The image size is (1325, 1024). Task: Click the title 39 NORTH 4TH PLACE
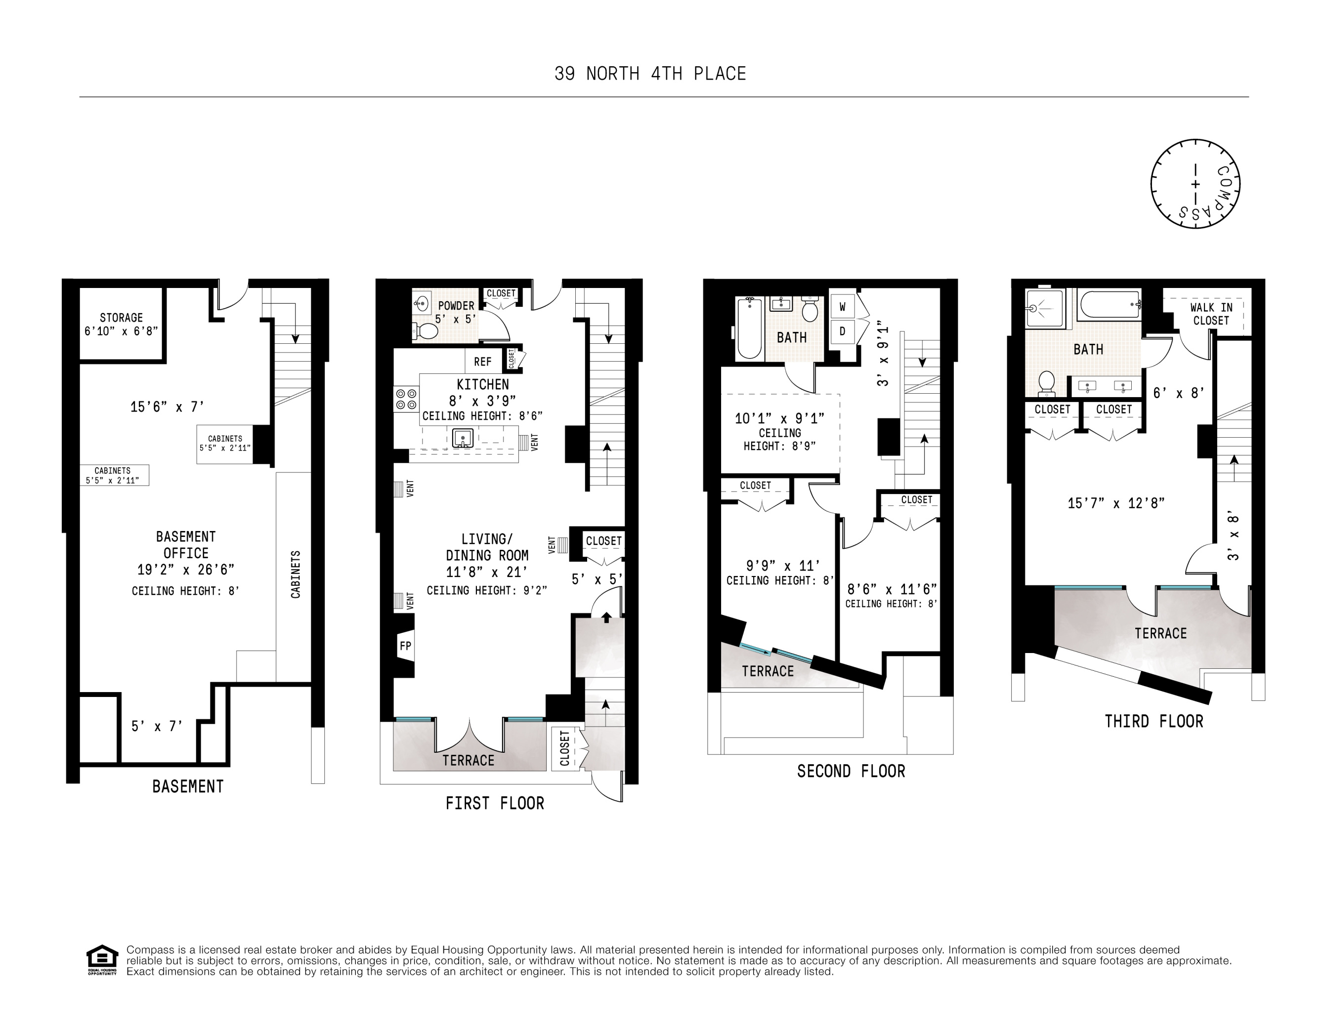pyautogui.click(x=650, y=74)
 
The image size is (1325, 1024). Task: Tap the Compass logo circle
pyautogui.click(x=1195, y=184)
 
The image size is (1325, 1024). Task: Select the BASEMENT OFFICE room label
pyautogui.click(x=186, y=545)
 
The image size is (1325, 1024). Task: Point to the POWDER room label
pyautogui.click(x=456, y=306)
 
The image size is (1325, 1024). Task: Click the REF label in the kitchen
pyautogui.click(x=482, y=362)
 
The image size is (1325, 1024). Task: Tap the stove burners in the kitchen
pyautogui.click(x=406, y=400)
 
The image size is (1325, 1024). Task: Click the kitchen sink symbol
pyautogui.click(x=462, y=437)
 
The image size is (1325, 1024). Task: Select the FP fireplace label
pyautogui.click(x=405, y=646)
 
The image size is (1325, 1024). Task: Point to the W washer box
pyautogui.click(x=842, y=307)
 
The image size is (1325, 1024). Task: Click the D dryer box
pyautogui.click(x=842, y=331)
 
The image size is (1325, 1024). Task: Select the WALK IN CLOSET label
pyautogui.click(x=1211, y=314)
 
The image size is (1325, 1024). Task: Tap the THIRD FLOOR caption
pyautogui.click(x=1154, y=722)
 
